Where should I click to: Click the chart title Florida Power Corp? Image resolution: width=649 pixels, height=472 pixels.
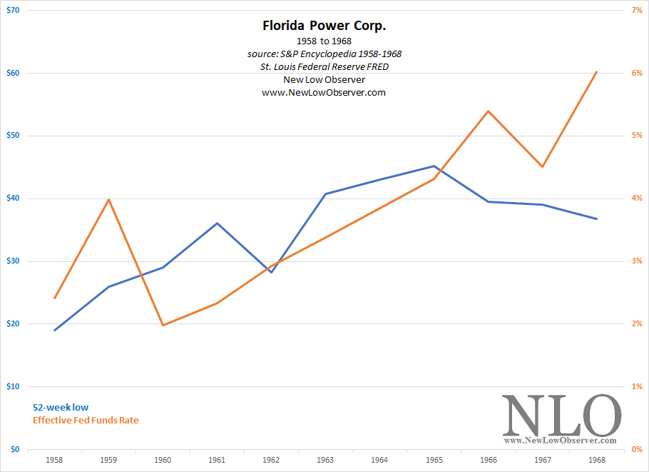click(324, 26)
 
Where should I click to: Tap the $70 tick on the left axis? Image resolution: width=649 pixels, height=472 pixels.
click(12, 11)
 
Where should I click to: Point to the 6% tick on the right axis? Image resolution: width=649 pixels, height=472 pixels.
click(636, 74)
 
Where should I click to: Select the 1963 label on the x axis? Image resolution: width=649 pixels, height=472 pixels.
click(325, 461)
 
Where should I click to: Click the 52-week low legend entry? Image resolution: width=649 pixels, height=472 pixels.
click(61, 408)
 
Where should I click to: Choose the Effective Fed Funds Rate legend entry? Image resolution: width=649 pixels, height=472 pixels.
click(86, 420)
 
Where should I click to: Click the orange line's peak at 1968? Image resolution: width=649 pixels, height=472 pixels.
click(596, 72)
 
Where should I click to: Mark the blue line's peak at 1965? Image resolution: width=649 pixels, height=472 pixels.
click(434, 166)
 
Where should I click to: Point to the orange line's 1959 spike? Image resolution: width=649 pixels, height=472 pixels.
click(108, 199)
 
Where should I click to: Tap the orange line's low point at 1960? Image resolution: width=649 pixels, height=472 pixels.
click(163, 326)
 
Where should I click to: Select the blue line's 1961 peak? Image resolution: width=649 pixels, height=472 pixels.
click(217, 223)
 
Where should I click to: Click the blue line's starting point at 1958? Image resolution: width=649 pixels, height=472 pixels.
click(55, 330)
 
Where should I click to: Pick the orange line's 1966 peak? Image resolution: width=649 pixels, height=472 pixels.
click(488, 111)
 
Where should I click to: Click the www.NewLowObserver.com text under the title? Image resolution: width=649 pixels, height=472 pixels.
click(324, 93)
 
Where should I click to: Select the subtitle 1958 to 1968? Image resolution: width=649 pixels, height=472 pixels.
click(324, 41)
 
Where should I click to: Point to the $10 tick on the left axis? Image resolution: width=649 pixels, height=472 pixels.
click(12, 386)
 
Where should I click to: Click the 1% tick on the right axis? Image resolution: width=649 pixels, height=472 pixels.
click(636, 386)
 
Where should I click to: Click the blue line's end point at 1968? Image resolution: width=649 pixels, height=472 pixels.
click(596, 219)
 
